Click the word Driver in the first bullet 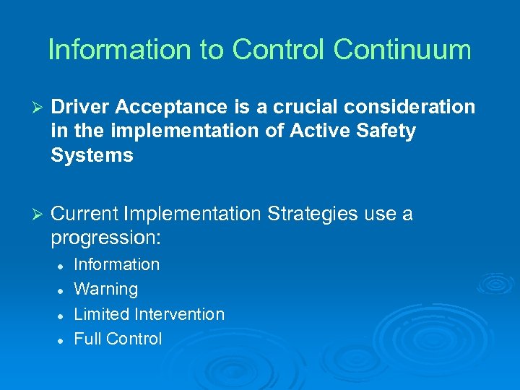80,107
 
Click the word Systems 92,155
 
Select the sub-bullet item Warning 105,289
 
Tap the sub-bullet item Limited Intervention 149,313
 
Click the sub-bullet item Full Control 118,338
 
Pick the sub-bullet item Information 116,264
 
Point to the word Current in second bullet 85,214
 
